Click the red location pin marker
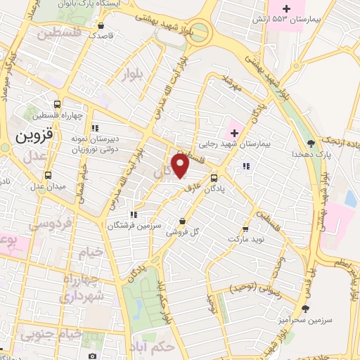click(181, 166)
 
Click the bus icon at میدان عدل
click(48, 176)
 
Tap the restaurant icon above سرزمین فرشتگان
click(132, 214)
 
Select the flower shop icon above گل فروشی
click(182, 221)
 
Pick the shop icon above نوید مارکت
click(245, 229)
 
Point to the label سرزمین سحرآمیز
click(306, 320)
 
